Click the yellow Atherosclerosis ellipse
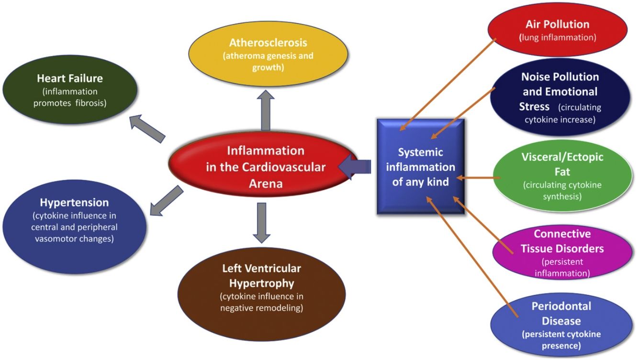click(x=268, y=54)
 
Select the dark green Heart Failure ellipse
click(x=70, y=90)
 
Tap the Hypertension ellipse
click(x=75, y=227)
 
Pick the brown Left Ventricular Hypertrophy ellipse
click(x=261, y=294)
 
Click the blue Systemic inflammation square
click(x=421, y=167)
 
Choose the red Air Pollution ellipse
click(x=558, y=30)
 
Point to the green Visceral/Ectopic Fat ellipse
click(x=562, y=176)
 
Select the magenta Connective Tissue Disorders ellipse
click(x=562, y=253)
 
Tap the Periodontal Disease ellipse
click(x=561, y=325)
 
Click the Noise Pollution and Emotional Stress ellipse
click(x=560, y=97)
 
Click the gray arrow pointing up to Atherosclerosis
click(x=266, y=110)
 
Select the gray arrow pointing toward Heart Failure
click(x=147, y=129)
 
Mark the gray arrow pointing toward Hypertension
click(x=167, y=201)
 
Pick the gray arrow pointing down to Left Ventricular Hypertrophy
click(x=261, y=223)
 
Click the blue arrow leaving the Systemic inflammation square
click(x=355, y=167)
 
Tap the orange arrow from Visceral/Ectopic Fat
click(x=478, y=178)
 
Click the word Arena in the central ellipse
click(x=266, y=183)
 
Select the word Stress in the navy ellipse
click(x=534, y=107)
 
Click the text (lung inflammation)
click(x=558, y=37)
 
